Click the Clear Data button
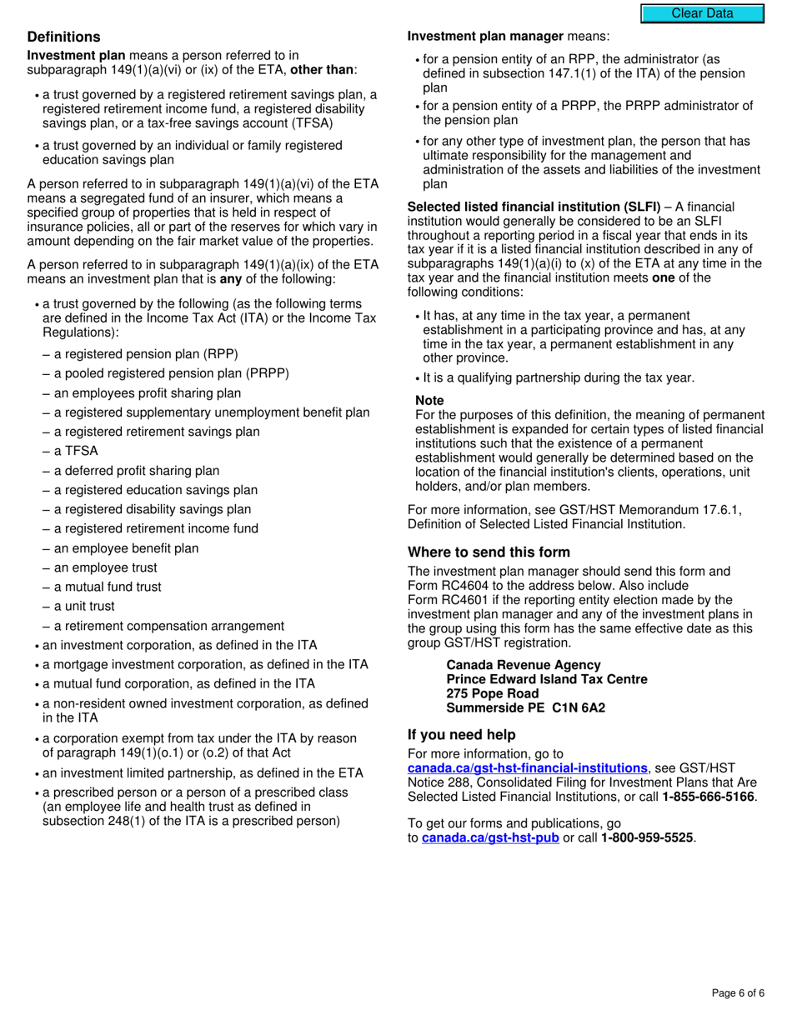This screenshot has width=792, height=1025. [702, 13]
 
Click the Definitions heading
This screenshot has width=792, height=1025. [63, 37]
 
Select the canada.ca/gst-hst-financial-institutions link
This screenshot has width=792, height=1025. [527, 767]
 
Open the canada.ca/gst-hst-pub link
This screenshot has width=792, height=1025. [490, 837]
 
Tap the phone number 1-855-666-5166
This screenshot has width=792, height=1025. [708, 797]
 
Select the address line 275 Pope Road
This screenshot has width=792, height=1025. [492, 693]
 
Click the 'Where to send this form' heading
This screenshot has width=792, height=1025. [489, 552]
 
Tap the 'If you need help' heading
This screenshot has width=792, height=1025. [461, 734]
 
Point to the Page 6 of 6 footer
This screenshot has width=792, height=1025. [738, 992]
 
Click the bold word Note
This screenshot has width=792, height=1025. [429, 400]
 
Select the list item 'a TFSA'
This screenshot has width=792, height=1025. [76, 451]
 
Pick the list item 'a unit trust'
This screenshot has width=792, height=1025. [84, 606]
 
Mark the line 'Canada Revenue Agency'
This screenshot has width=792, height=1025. [523, 665]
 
